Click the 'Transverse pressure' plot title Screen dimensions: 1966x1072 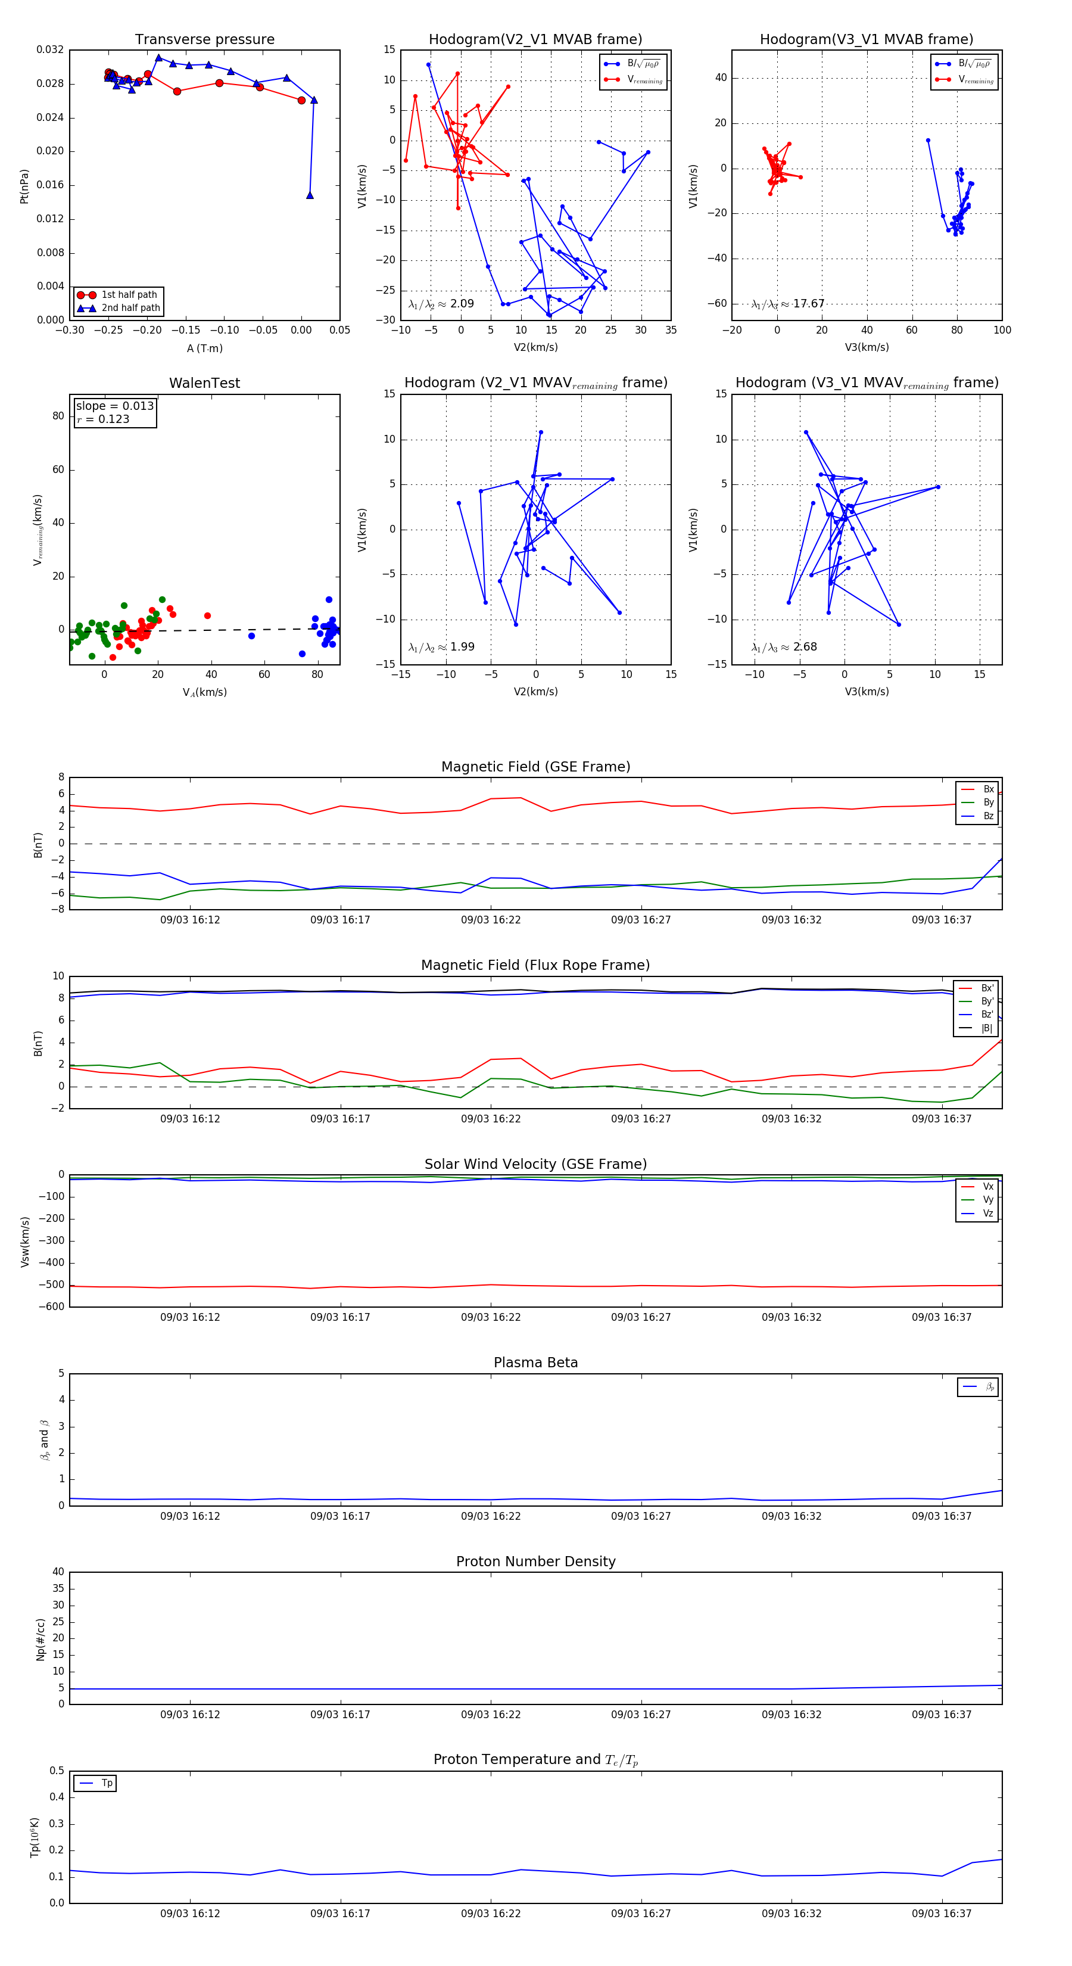[204, 40]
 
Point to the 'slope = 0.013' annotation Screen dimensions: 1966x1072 [114, 406]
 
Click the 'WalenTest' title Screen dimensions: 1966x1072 [204, 383]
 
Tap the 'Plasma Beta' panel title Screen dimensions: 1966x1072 [535, 1362]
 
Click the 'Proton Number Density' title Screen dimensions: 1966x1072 [535, 1561]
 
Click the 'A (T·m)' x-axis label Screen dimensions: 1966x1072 [204, 348]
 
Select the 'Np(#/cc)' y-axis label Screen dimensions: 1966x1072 [41, 1640]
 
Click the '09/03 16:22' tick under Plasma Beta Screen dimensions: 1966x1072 [491, 1516]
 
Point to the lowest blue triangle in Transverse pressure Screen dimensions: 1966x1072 [310, 195]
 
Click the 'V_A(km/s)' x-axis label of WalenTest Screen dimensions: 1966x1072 [204, 692]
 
